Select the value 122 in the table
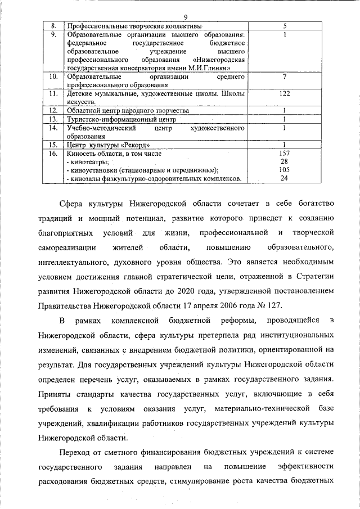pos(285,94)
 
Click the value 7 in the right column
pos(285,76)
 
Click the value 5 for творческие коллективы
pos(285,26)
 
